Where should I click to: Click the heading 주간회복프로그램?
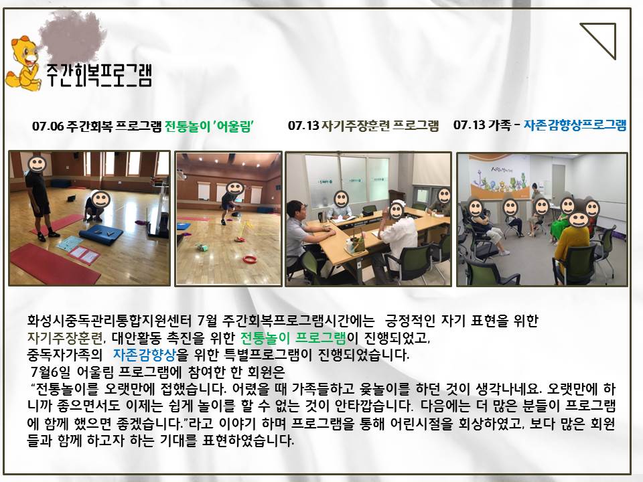[99, 75]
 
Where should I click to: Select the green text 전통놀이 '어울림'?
[209, 126]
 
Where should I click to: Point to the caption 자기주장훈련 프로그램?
[379, 125]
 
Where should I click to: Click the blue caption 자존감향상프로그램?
[575, 125]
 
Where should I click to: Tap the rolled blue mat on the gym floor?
[101, 235]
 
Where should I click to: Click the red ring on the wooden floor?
[249, 259]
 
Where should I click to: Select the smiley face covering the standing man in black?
[37, 163]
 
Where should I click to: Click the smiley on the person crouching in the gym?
[100, 199]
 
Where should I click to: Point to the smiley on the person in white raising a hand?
[396, 211]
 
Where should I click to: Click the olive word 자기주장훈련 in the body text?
[65, 337]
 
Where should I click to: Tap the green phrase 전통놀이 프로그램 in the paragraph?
[293, 337]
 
